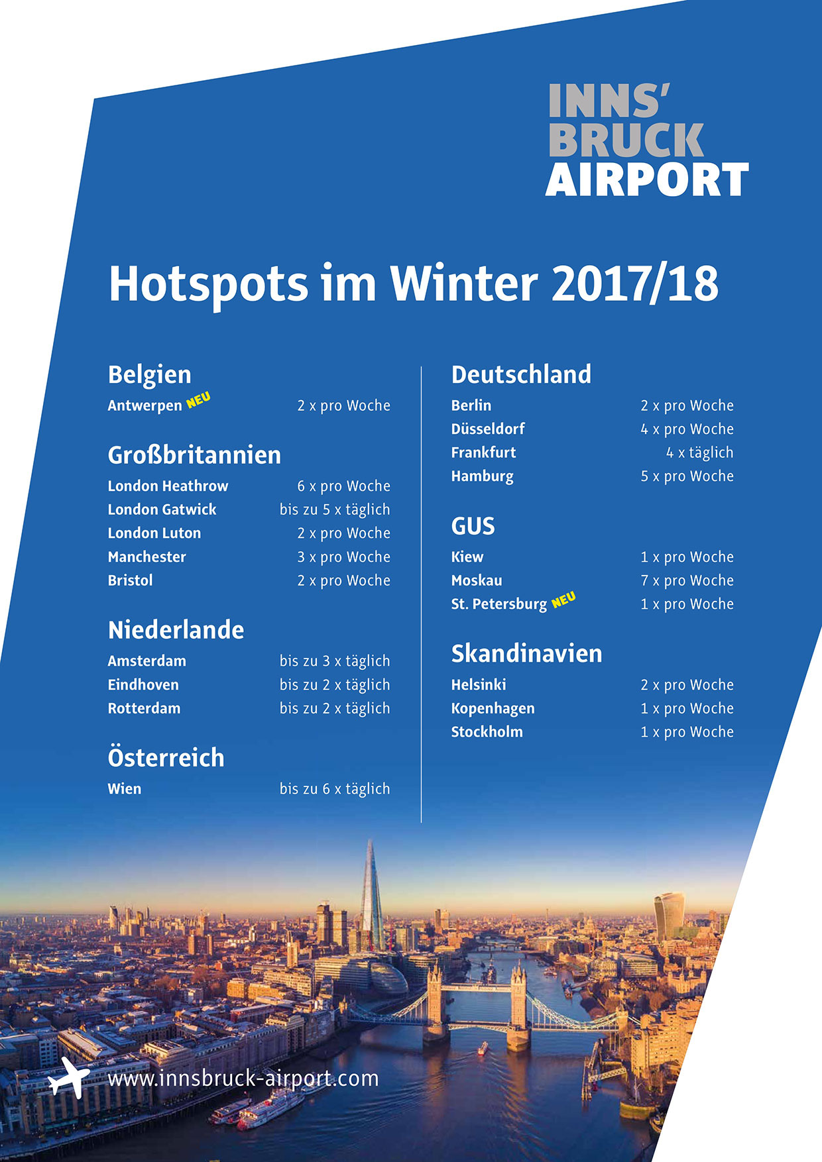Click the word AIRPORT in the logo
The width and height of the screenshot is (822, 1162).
[647, 180]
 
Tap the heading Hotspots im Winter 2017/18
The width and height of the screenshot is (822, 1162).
[414, 284]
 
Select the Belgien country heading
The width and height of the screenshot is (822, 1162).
[149, 375]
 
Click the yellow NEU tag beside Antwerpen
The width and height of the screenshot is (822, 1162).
[198, 400]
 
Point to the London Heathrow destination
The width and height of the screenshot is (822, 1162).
[168, 486]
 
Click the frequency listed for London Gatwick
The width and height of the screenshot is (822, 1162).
[335, 510]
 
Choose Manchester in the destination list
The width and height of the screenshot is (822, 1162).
[147, 556]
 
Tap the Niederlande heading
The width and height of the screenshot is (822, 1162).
[176, 630]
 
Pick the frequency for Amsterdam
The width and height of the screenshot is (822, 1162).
[335, 661]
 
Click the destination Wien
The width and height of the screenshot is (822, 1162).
[125, 788]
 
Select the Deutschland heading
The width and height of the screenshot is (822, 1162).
[521, 374]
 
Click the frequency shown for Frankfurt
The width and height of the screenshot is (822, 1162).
[699, 453]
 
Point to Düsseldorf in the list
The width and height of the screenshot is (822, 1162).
[488, 429]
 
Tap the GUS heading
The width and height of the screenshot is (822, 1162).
[473, 526]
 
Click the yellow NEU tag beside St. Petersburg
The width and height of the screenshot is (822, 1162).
[563, 600]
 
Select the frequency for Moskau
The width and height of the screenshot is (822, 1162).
[687, 580]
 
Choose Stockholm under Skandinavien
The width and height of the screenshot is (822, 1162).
[487, 731]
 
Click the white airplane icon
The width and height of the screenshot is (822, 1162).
[69, 1078]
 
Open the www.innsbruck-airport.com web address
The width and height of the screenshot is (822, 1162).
[243, 1079]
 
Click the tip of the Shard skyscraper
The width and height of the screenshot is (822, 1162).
[370, 839]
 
